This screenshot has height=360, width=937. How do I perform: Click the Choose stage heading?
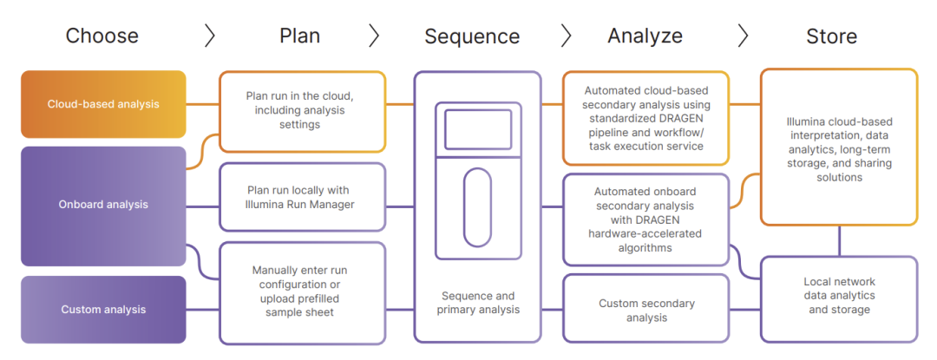point(102,36)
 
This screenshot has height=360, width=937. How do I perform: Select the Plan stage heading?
point(299,36)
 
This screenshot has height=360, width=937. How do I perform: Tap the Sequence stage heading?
point(472,36)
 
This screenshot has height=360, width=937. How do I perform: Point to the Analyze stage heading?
point(645,36)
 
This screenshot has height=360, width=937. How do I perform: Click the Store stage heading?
point(831,36)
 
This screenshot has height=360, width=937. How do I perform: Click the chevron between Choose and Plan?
point(209,36)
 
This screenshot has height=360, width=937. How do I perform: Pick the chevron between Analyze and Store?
point(743,36)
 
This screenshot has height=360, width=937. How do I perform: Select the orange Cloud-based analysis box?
point(103,104)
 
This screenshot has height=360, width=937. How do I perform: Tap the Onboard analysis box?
point(103,205)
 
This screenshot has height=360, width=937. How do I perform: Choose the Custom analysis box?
point(103,310)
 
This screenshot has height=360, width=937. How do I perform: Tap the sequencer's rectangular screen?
point(477,130)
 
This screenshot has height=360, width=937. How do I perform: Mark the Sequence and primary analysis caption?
point(477,303)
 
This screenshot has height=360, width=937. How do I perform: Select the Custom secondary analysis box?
point(645,310)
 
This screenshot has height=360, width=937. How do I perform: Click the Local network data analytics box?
point(838,296)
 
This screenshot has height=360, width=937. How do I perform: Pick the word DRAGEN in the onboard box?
point(619,220)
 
